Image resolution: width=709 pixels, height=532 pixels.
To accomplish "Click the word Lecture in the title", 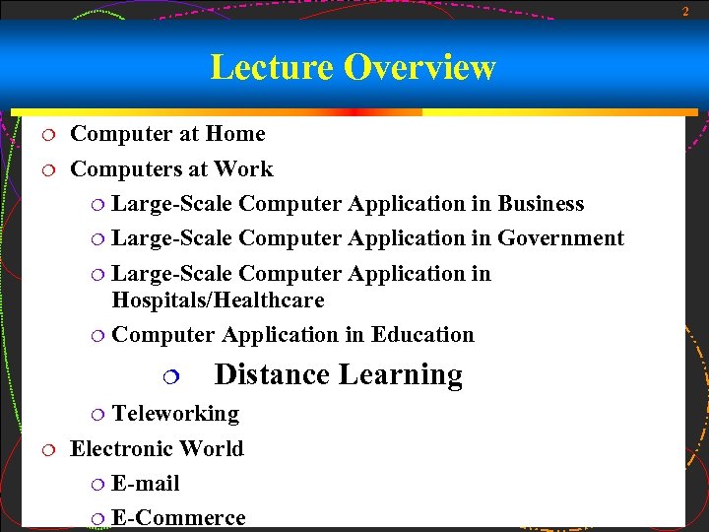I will (x=273, y=67).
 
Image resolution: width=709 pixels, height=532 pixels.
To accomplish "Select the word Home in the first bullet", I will (x=235, y=134).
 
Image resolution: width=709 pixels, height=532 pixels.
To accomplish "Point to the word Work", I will (x=243, y=169).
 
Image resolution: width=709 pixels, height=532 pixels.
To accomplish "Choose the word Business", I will (x=541, y=204).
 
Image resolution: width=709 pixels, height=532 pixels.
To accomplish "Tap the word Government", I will (x=560, y=238).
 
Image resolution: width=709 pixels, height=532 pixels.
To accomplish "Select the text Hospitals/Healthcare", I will (x=218, y=299).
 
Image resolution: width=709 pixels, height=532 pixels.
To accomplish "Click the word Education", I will (x=422, y=335).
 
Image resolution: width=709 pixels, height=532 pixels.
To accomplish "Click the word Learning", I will (x=401, y=375).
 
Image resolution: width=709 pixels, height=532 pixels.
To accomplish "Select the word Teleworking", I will (x=175, y=414).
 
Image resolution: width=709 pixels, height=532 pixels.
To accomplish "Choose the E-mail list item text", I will (x=146, y=484).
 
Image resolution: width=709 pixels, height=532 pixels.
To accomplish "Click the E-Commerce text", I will (x=178, y=518).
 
